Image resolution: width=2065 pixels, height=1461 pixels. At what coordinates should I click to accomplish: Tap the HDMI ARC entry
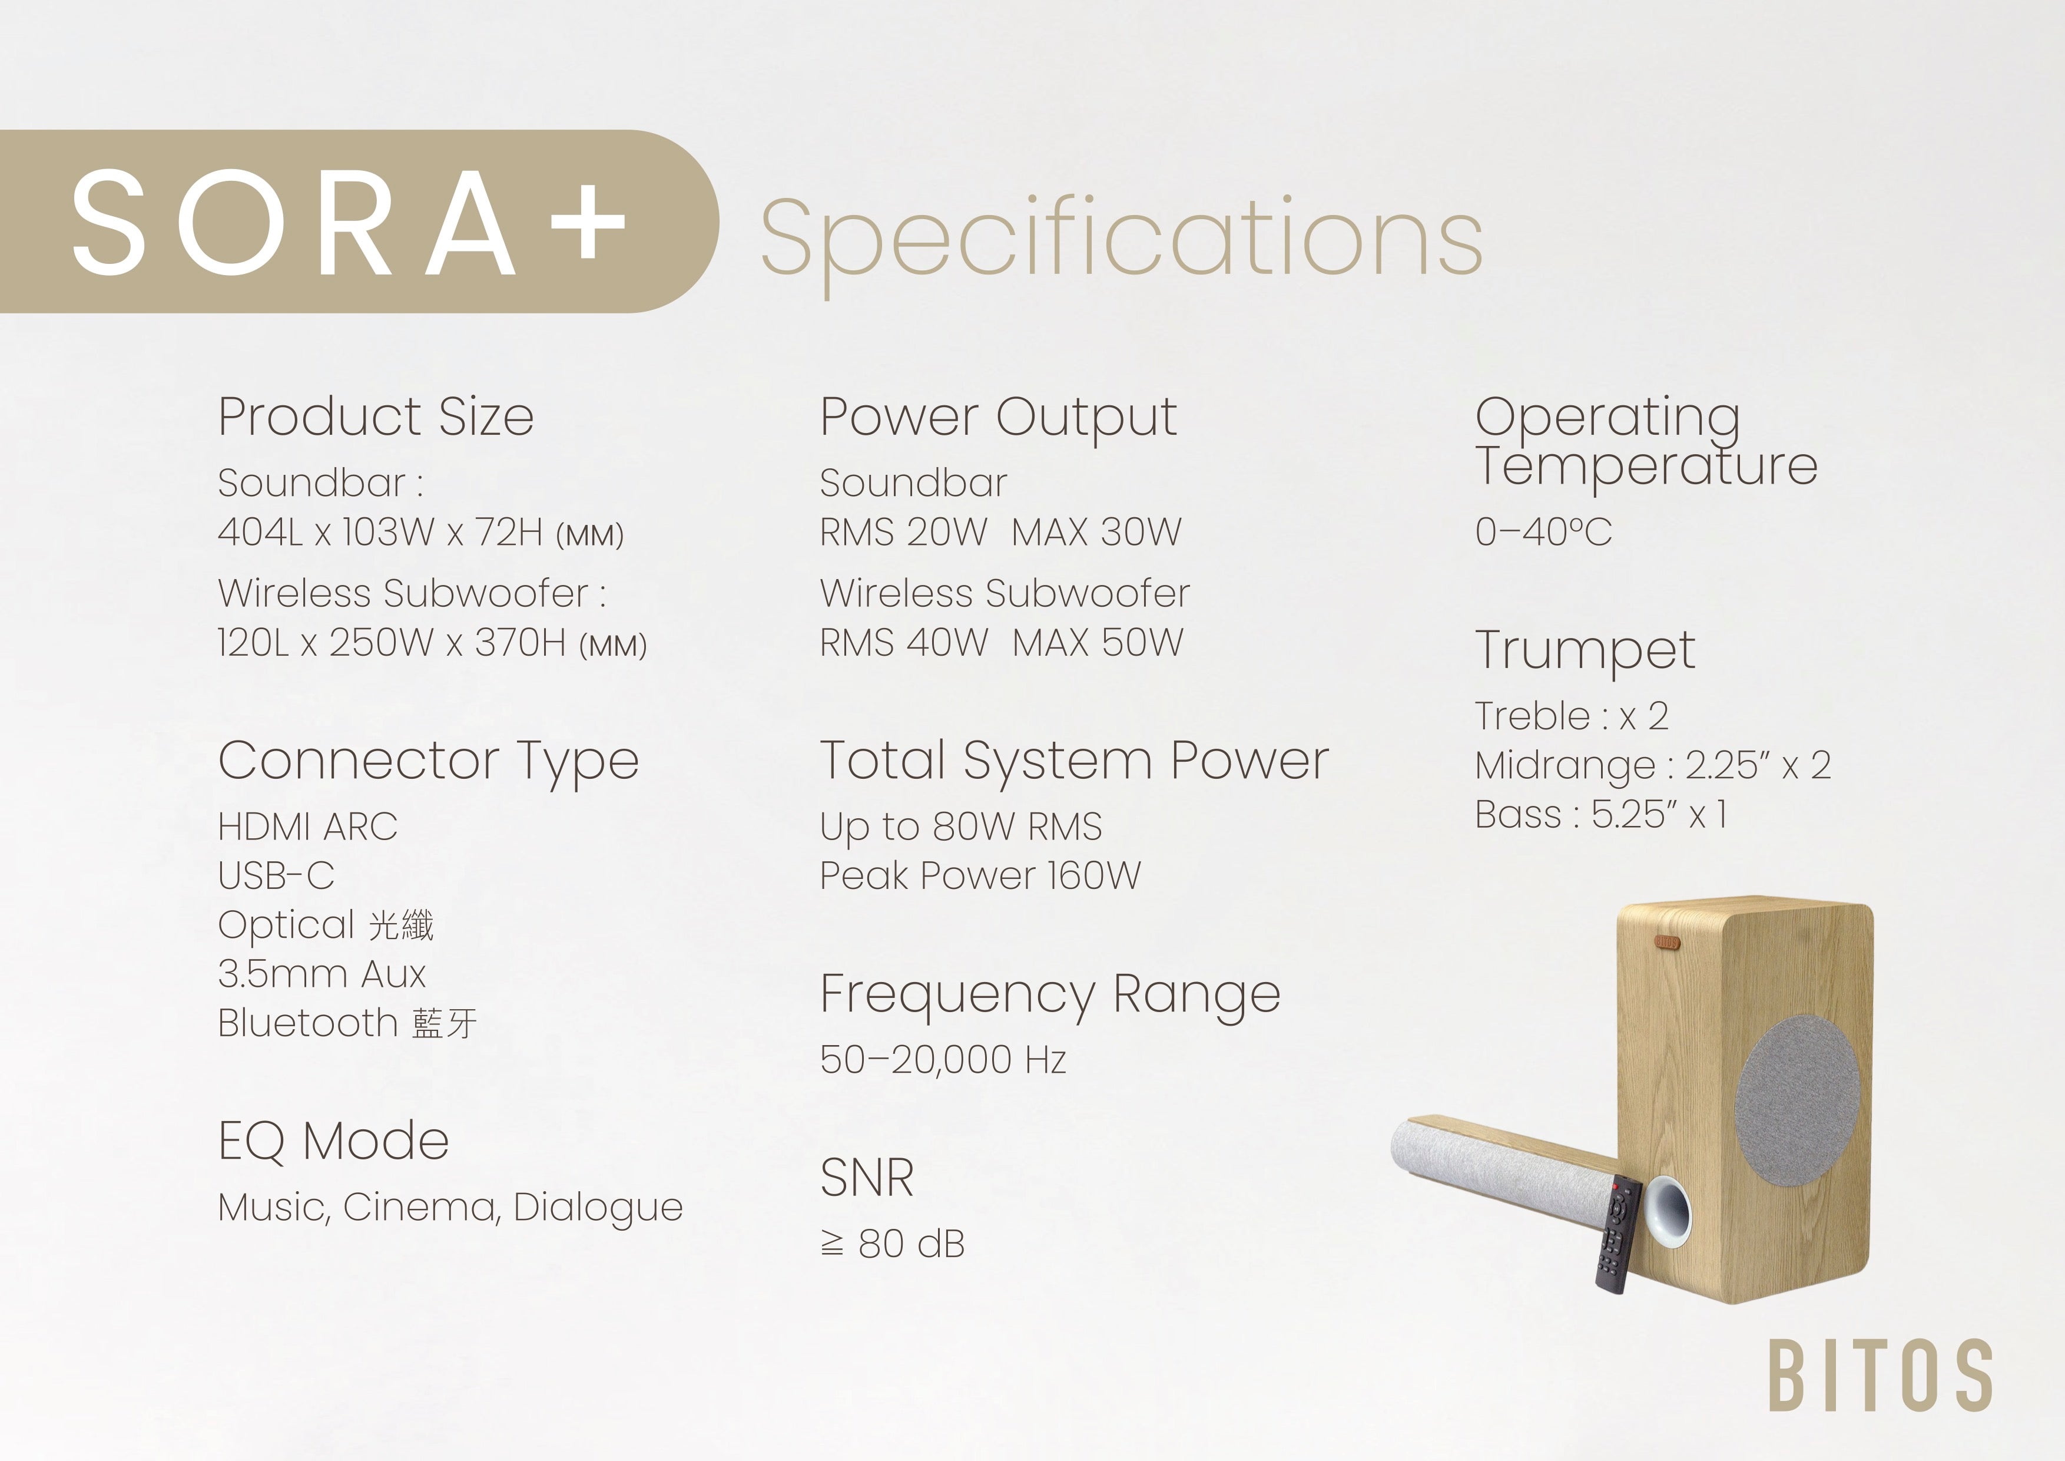(307, 827)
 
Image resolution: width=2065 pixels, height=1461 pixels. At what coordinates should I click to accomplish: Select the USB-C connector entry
(276, 875)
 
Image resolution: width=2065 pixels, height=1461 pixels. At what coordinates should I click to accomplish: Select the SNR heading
(867, 1178)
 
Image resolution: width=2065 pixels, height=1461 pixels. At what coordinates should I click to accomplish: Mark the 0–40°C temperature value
(1543, 532)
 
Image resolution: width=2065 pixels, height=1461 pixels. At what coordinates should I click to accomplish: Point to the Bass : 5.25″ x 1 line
(1601, 814)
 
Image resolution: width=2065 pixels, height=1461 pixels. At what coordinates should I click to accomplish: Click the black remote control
(1619, 1234)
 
